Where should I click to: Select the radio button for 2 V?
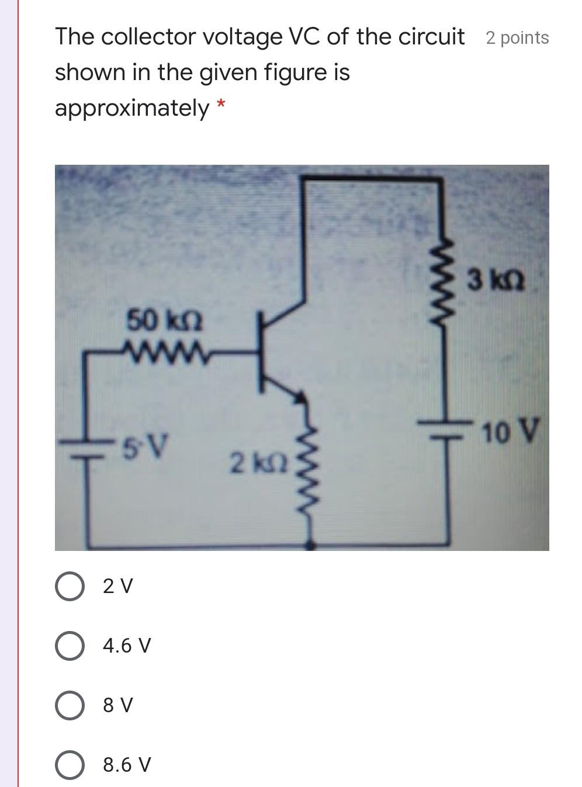click(70, 586)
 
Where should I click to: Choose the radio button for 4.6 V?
click(70, 646)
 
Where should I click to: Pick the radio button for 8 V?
click(70, 706)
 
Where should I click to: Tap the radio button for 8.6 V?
click(70, 765)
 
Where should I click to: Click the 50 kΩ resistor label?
click(164, 321)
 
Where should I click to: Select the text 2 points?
click(517, 38)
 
